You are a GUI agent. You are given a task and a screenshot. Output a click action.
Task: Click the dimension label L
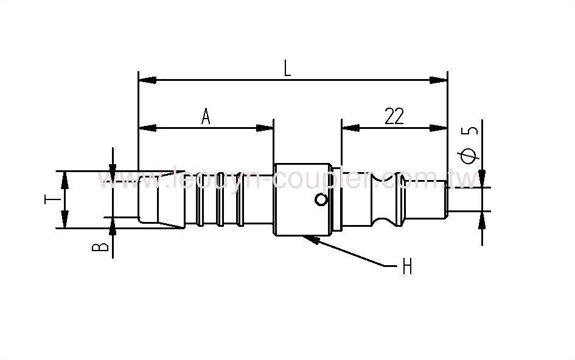tap(287, 68)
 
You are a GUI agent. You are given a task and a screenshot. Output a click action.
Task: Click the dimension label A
tap(206, 116)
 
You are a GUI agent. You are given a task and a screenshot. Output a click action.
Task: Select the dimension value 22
tap(394, 116)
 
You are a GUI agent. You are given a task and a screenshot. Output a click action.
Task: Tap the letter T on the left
tap(53, 200)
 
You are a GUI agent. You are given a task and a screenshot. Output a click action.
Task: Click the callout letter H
tap(407, 266)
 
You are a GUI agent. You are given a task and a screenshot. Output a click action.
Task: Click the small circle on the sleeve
tap(321, 199)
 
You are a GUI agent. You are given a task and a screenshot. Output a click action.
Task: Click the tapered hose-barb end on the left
tap(161, 200)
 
